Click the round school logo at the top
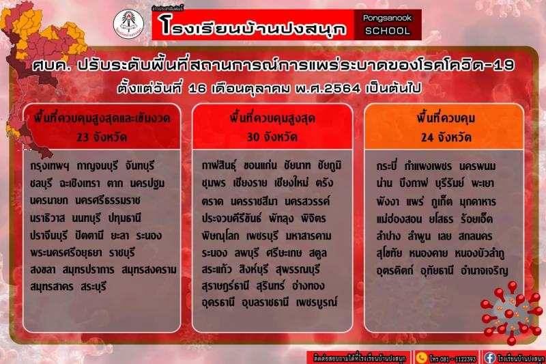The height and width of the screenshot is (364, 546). [128, 24]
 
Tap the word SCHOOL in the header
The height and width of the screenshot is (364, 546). [387, 31]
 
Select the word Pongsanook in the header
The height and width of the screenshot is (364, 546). [387, 18]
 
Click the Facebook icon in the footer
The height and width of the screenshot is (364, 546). [489, 358]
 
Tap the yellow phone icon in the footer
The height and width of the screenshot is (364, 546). [421, 358]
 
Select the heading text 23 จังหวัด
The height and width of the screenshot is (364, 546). [102, 137]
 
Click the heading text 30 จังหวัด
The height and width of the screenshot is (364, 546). [272, 137]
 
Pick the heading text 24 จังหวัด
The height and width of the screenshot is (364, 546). [446, 137]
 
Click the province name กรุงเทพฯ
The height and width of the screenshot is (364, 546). [50, 166]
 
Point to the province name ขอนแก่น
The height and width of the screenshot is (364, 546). [260, 165]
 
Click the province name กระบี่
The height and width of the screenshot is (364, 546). [386, 166]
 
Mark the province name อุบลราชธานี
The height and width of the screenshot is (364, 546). [265, 303]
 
